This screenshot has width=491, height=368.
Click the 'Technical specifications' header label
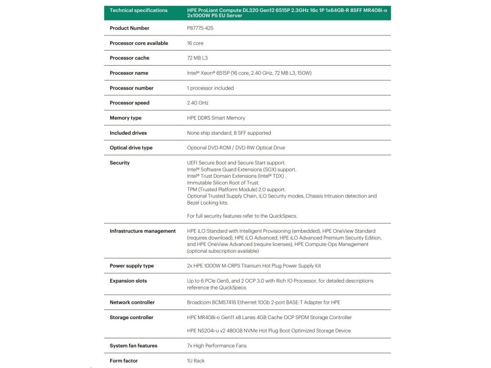point(139,10)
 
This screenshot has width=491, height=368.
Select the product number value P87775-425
point(200,28)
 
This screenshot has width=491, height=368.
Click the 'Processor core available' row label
point(139,43)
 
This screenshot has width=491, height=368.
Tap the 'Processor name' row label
point(129,73)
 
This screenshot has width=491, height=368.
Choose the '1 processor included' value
point(210,88)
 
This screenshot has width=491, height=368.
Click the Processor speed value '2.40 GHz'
point(198,103)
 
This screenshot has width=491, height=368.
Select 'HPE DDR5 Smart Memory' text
point(216,118)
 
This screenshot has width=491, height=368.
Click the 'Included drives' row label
point(128,133)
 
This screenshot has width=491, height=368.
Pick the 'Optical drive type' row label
point(131,148)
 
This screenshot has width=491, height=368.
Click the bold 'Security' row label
point(119,163)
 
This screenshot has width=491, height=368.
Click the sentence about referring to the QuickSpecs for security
point(242,216)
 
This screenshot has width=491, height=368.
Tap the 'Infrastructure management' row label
point(142,231)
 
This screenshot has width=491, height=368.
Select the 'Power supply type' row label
point(131,266)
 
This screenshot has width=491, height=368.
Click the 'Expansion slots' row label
point(128,281)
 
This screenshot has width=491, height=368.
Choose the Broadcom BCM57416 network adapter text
point(263,302)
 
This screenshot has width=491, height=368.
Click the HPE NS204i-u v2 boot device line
point(269,331)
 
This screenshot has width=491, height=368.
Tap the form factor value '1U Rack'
point(196,361)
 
